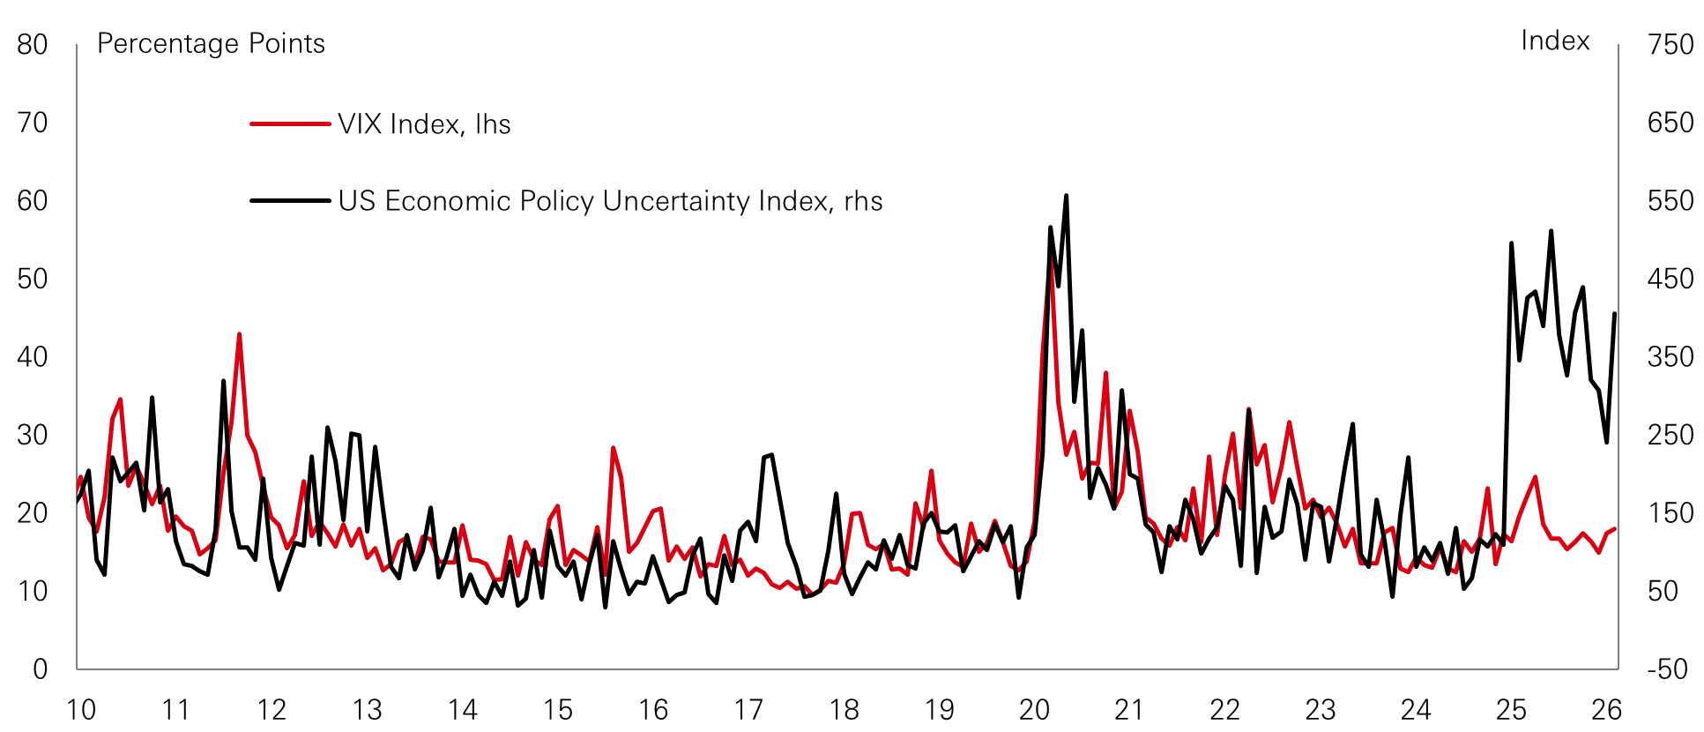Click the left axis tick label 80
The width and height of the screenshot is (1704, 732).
[x=33, y=45]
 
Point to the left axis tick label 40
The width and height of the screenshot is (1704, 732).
[x=33, y=357]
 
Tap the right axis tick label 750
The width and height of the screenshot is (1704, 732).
[x=1670, y=45]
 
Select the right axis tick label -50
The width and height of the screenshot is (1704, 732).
[x=1668, y=669]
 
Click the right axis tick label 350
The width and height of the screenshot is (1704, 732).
[x=1670, y=357]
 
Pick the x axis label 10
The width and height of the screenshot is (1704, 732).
[x=81, y=710]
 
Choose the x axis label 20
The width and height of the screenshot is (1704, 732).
[x=1034, y=710]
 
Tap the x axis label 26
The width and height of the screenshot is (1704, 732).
[x=1606, y=710]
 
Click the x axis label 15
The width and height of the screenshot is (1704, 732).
[x=557, y=710]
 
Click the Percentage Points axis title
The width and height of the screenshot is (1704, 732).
[x=211, y=43]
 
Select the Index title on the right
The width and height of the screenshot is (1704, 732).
[x=1555, y=41]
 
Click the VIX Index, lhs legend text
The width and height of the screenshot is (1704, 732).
[x=424, y=124]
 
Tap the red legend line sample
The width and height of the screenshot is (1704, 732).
[x=290, y=124]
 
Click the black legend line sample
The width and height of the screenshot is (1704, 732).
[x=290, y=201]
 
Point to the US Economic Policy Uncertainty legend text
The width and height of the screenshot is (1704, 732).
[x=610, y=201]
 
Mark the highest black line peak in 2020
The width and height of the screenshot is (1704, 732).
[x=1066, y=196]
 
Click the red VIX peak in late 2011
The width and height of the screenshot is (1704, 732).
[x=239, y=334]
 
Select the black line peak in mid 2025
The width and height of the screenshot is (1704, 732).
[x=1551, y=231]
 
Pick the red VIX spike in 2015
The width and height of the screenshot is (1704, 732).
[x=613, y=448]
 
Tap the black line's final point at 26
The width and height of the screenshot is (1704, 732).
[x=1615, y=314]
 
